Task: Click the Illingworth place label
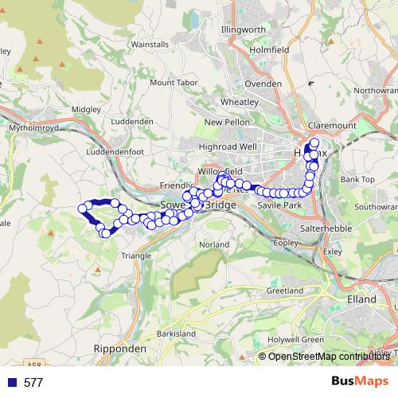244,30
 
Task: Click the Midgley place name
85,109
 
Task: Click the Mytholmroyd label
28,126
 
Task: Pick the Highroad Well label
228,146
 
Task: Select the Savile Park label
278,205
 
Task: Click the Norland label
214,244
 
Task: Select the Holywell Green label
296,340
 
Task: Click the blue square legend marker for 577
11,383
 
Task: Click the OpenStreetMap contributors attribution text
328,356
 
